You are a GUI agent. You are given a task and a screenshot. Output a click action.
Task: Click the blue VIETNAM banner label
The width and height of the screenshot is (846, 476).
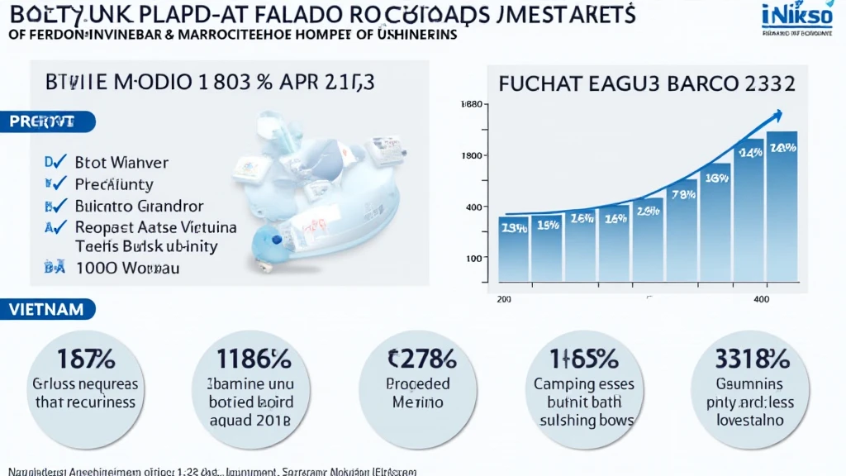coord(47,310)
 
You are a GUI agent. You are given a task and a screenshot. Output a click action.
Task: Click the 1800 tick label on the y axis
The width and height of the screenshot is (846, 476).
coord(472,155)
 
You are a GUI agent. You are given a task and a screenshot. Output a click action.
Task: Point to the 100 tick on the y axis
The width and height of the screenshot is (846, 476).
coord(473,259)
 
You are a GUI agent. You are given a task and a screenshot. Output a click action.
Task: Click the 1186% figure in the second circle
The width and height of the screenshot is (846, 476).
coord(253,359)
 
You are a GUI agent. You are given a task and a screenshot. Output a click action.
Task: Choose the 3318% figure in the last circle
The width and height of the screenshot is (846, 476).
coord(751,359)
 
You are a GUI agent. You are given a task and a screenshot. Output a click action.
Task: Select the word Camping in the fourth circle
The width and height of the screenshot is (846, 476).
coord(564,384)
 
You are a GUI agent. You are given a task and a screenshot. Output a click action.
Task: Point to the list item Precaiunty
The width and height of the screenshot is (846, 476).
coord(114,184)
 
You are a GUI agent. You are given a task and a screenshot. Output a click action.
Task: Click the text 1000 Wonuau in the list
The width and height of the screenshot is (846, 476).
coord(127,268)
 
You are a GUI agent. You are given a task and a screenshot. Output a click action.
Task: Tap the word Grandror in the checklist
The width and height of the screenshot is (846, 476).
coord(165,206)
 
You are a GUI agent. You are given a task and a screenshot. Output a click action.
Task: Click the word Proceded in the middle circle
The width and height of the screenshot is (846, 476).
coord(418,384)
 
